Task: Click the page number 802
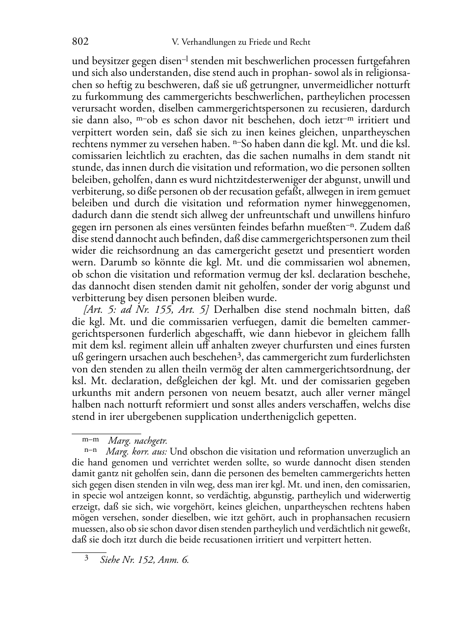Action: click(x=80, y=42)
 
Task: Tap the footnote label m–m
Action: click(x=90, y=439)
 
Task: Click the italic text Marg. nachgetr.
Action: click(x=138, y=441)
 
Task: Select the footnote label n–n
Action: click(x=90, y=450)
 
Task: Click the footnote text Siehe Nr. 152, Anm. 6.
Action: click(x=145, y=560)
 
